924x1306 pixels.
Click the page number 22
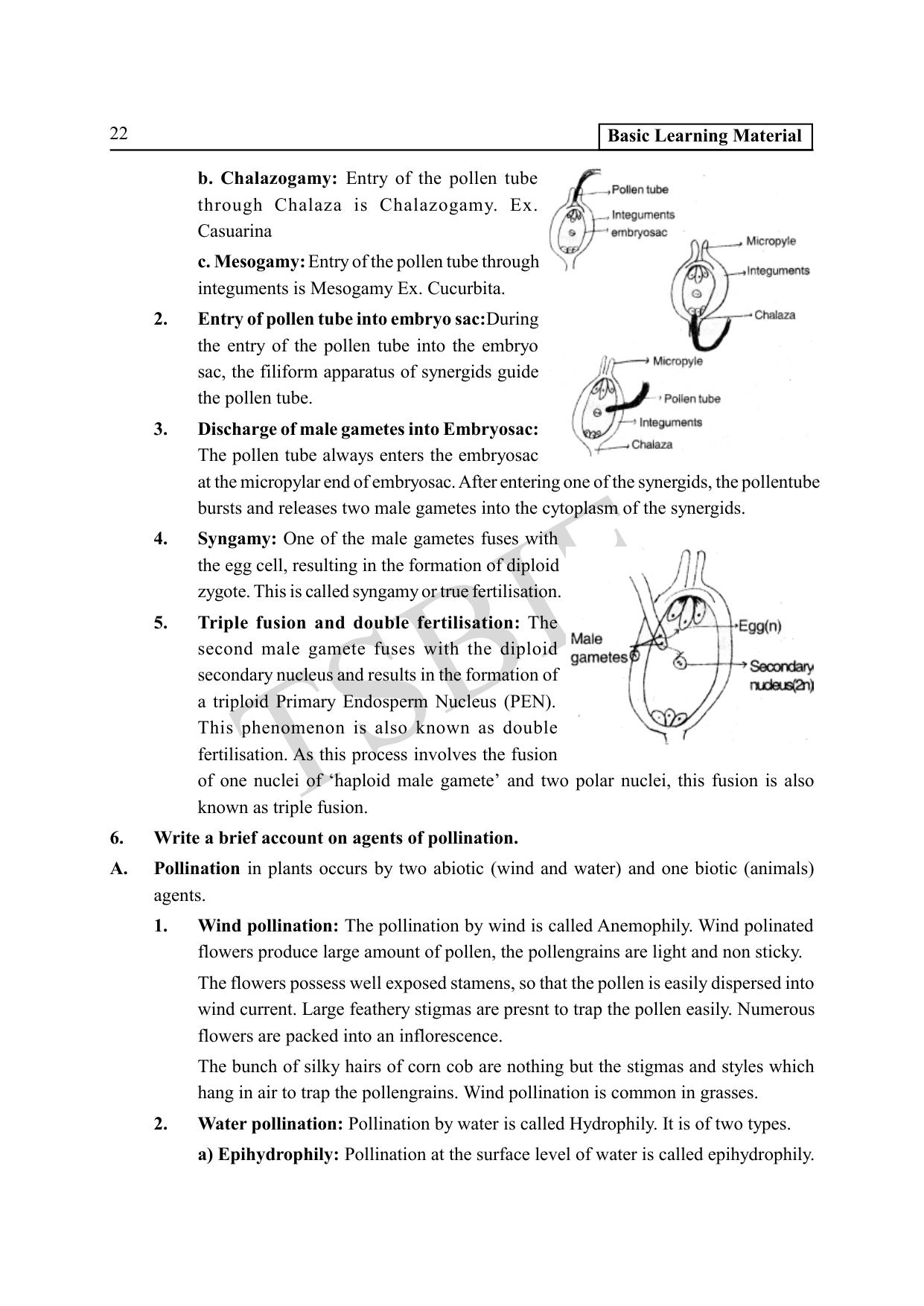(x=118, y=134)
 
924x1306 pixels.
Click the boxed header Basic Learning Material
(x=704, y=136)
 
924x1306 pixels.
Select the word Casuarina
(x=235, y=232)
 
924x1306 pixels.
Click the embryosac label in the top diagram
(x=639, y=232)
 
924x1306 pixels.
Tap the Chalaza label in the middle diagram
(x=774, y=315)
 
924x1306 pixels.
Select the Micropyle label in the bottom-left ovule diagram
(x=677, y=361)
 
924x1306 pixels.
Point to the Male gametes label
(x=598, y=648)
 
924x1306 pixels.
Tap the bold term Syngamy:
(x=238, y=539)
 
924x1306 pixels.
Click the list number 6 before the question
(x=117, y=838)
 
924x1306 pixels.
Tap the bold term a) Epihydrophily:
(x=268, y=1155)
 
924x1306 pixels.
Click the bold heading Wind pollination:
(x=268, y=926)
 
